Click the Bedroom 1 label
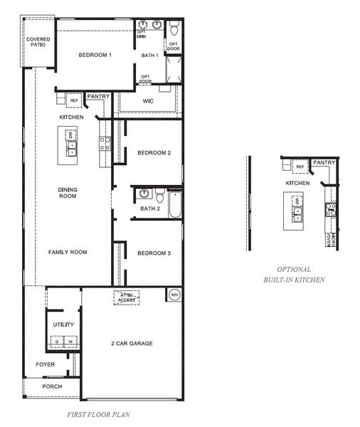click(95, 56)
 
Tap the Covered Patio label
click(37, 42)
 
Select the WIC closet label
click(148, 102)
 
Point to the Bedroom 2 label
click(154, 153)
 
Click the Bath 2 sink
click(144, 193)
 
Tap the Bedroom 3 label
click(154, 253)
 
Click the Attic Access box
click(127, 297)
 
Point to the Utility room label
click(63, 325)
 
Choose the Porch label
click(51, 386)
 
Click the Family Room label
click(67, 253)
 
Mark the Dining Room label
click(68, 193)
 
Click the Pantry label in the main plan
click(98, 96)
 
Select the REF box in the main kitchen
click(74, 100)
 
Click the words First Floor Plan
click(97, 413)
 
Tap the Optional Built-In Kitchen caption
click(294, 275)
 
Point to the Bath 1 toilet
click(174, 28)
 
